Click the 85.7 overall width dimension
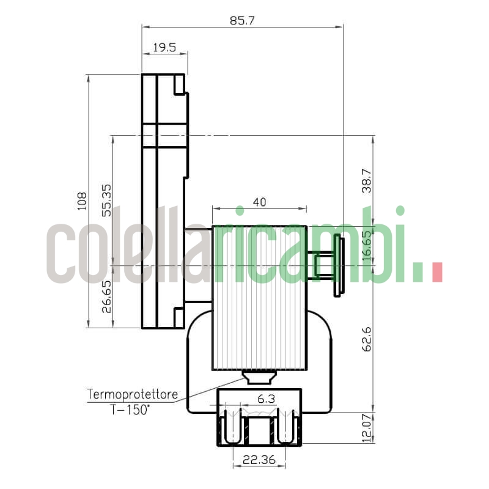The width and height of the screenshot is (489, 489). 241,20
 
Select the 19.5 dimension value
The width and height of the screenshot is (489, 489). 164,47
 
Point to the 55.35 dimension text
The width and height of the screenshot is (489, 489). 106,200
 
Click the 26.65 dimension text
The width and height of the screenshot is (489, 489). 106,296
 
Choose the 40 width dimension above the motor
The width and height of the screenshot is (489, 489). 259,202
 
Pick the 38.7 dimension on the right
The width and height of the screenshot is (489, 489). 367,181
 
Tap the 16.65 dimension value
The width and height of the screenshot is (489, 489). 367,246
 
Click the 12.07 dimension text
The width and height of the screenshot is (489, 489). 367,427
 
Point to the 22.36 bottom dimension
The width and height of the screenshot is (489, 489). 259,460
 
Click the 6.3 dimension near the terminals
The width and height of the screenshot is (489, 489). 266,399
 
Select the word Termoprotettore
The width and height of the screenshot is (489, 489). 133,394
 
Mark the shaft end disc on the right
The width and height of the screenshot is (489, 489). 338,267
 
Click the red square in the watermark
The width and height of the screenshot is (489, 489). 436,272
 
